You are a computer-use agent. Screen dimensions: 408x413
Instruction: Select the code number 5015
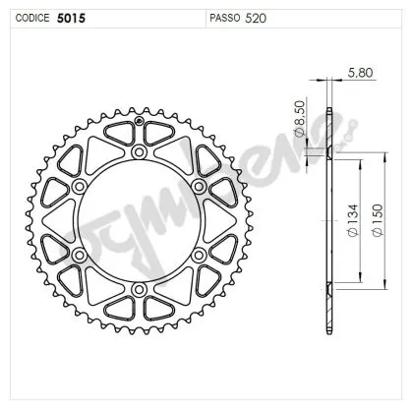[71, 18]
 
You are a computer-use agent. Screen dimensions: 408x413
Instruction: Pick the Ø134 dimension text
[352, 236]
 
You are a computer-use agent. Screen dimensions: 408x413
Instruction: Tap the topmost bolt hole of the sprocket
[139, 153]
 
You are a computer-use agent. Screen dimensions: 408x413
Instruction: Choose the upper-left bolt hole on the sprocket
[81, 187]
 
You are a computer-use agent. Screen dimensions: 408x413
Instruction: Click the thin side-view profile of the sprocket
[327, 221]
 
